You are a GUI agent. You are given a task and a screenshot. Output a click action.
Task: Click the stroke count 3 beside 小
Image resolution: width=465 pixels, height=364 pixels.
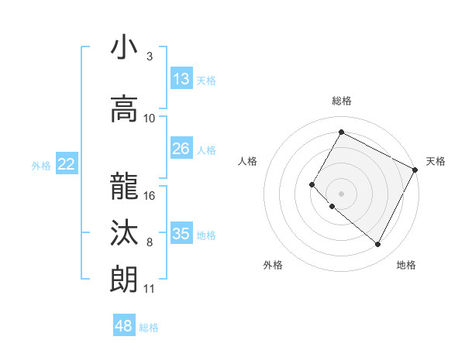tap(150, 57)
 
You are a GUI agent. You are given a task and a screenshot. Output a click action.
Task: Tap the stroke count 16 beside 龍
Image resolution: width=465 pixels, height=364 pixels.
tap(150, 195)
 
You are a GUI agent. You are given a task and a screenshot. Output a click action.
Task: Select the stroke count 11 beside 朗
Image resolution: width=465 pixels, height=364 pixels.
tap(149, 289)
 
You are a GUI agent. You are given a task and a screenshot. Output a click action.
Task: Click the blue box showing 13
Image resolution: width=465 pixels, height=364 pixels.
tap(181, 79)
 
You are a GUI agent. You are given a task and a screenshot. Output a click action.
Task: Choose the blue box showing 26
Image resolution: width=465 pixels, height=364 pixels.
tap(181, 149)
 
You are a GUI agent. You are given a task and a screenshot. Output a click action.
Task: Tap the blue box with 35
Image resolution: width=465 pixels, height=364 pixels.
tap(181, 233)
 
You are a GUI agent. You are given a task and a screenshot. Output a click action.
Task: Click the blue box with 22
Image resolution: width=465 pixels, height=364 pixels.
tap(67, 164)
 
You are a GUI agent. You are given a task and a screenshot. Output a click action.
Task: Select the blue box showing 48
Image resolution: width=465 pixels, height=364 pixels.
tap(124, 326)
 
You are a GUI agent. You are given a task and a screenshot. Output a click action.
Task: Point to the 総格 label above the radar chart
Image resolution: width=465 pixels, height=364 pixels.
tap(341, 101)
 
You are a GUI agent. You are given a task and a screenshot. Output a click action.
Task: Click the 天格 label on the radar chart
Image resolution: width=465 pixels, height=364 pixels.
tap(436, 161)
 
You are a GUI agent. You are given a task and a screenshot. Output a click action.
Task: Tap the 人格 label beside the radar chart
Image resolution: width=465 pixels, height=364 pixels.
tap(248, 161)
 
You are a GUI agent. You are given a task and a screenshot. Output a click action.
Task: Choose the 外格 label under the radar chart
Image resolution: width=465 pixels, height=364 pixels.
tap(273, 265)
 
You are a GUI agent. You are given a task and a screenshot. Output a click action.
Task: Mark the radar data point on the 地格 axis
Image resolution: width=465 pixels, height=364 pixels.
tap(378, 245)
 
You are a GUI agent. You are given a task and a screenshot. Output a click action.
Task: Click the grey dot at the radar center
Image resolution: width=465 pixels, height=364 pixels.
tap(341, 194)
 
